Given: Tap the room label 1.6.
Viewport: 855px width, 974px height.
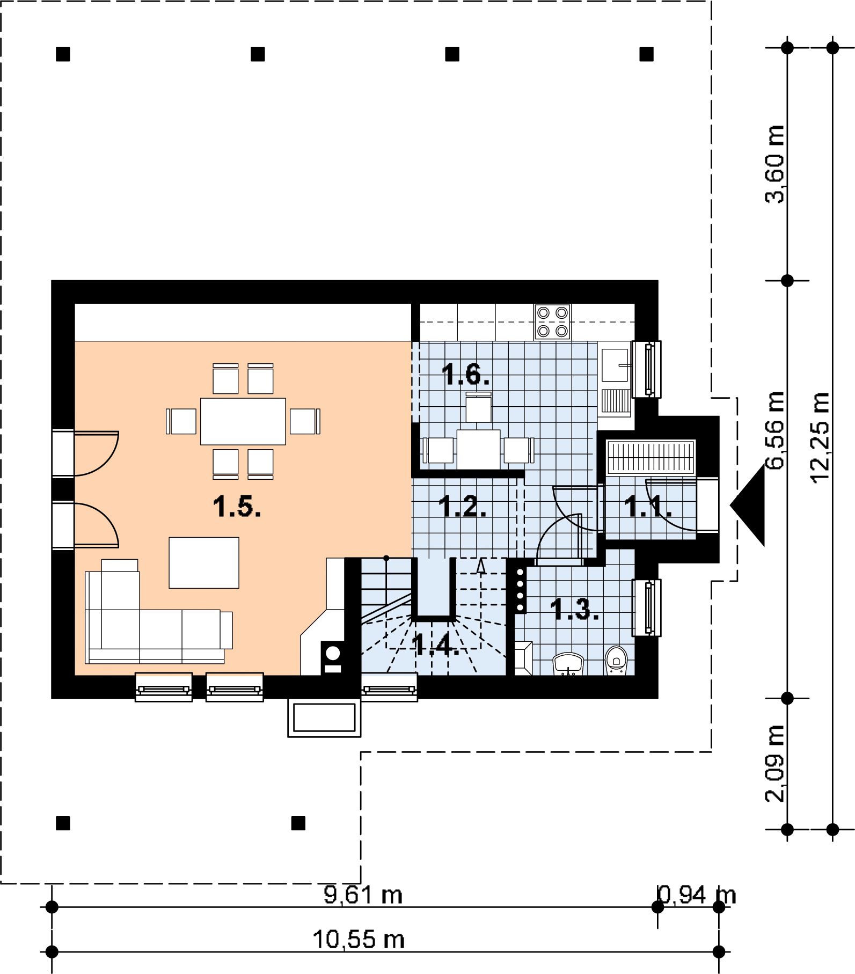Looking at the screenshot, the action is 465,374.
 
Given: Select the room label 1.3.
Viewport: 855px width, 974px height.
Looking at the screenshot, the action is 574,609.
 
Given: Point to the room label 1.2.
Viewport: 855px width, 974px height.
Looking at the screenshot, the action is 462,506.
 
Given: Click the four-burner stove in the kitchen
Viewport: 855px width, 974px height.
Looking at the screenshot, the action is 552,321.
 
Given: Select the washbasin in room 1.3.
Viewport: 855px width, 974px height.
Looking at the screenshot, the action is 568,664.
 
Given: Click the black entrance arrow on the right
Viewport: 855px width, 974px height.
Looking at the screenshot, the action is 748,505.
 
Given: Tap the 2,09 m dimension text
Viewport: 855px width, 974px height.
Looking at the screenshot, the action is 775,763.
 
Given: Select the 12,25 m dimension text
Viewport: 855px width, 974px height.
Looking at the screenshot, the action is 820,437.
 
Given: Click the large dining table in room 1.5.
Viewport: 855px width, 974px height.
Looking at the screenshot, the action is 243,421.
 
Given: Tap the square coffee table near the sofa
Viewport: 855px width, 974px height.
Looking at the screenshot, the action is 204,563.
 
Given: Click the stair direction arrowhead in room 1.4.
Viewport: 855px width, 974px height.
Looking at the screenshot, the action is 481,565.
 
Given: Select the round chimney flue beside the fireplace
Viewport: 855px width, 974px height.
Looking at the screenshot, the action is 333,653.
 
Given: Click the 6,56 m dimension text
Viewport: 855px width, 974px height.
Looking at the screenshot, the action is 775,430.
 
